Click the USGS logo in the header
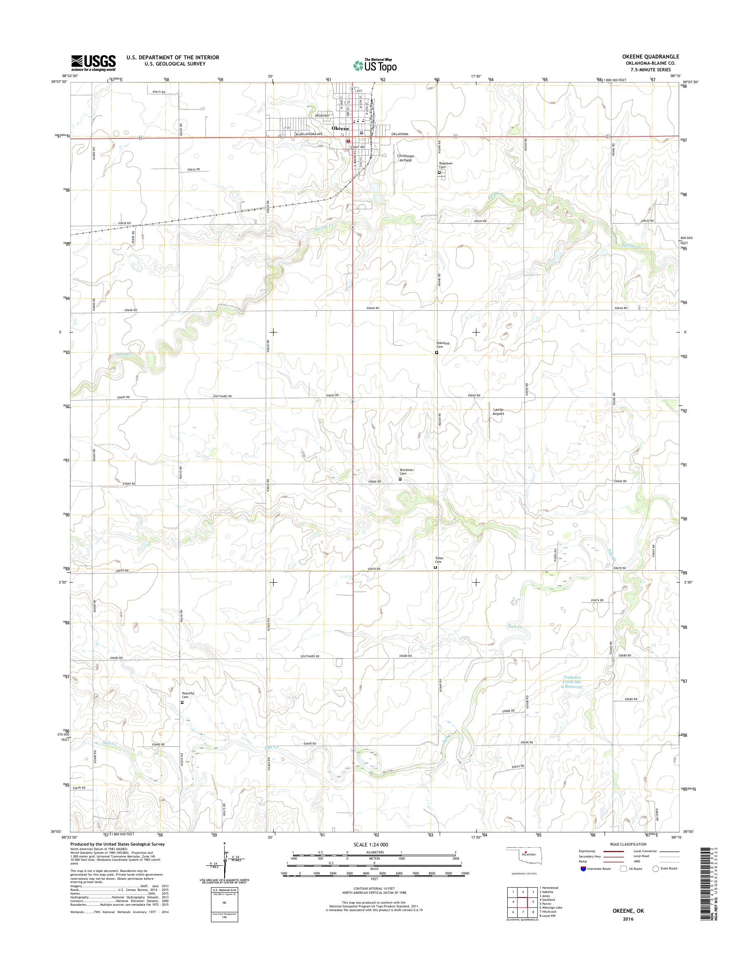click(94, 63)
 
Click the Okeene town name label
click(340, 128)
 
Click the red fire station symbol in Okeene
click(348, 141)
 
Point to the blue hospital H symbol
click(361, 133)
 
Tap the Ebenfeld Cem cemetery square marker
click(436, 352)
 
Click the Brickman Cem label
click(406, 472)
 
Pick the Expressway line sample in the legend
click(614, 851)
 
